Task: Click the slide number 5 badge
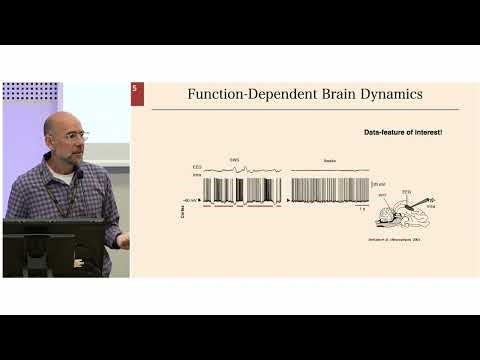pyautogui.click(x=136, y=90)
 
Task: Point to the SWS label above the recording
pyautogui.click(x=235, y=160)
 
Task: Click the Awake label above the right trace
pyautogui.click(x=329, y=160)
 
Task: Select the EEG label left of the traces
pyautogui.click(x=196, y=168)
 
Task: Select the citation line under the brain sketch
pyautogui.click(x=384, y=243)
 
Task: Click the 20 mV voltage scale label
pyautogui.click(x=378, y=185)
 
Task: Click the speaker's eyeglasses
pyautogui.click(x=77, y=135)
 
